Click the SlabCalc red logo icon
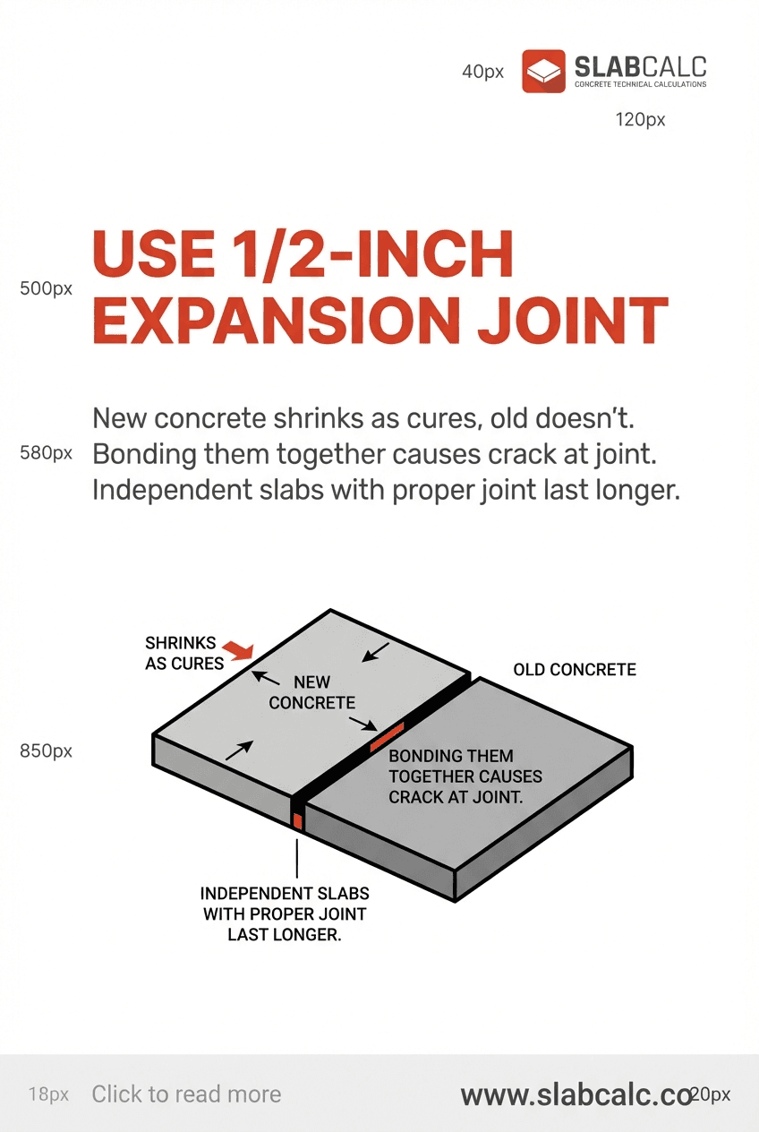(x=543, y=72)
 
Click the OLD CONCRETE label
(x=575, y=670)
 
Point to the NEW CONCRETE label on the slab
(x=311, y=693)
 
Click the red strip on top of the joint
(x=387, y=735)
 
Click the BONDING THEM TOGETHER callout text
(x=465, y=776)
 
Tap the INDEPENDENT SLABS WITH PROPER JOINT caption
(x=285, y=913)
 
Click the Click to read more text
(x=186, y=1094)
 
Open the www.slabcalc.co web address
(x=576, y=1094)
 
